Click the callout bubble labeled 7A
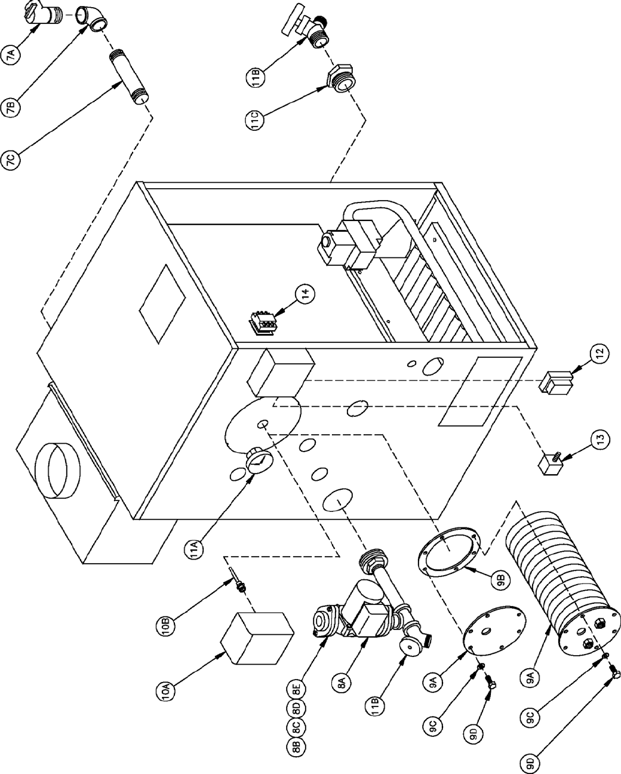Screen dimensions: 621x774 [14, 55]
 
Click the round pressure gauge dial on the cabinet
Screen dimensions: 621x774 [259, 462]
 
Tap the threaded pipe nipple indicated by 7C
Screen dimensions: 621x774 [129, 78]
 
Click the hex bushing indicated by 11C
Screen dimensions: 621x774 [340, 78]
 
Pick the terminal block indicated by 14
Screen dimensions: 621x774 [263, 322]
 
